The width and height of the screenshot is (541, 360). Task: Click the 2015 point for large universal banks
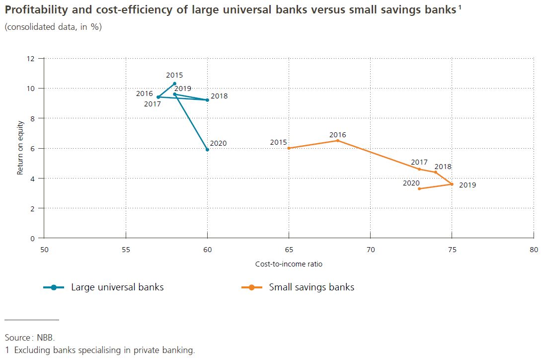click(174, 84)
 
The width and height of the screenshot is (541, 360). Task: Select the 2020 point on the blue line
click(207, 150)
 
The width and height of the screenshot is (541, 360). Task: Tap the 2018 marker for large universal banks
click(207, 100)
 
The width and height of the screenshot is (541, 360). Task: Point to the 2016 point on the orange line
click(338, 141)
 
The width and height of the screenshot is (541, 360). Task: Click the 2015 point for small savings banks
click(289, 148)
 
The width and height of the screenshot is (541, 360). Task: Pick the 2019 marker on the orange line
click(452, 184)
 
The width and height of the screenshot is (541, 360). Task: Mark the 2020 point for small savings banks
click(419, 189)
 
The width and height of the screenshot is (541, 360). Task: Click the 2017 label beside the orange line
click(419, 162)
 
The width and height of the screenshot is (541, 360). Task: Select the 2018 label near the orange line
click(443, 167)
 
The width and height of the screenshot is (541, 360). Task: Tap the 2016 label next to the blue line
click(144, 93)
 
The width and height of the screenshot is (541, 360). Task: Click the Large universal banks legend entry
click(117, 287)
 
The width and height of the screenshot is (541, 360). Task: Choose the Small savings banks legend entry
click(311, 287)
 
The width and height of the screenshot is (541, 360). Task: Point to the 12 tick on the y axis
click(32, 59)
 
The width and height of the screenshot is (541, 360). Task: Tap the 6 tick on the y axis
click(34, 148)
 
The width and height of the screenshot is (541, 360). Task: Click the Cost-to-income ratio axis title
click(289, 264)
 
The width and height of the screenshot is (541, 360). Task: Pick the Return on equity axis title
click(20, 148)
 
